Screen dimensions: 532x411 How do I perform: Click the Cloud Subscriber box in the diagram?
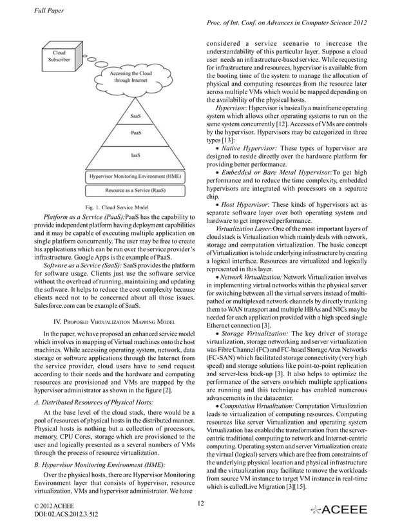[x=59, y=56]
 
